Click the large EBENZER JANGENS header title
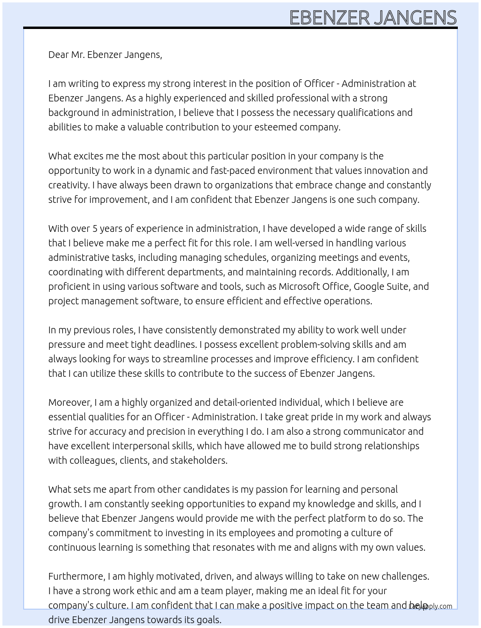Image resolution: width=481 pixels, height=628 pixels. pyautogui.click(x=373, y=17)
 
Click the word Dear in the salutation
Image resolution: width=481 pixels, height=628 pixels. pyautogui.click(x=58, y=55)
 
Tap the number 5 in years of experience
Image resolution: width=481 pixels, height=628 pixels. pyautogui.click(x=95, y=228)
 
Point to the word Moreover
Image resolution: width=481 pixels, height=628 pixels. pyautogui.click(x=70, y=402)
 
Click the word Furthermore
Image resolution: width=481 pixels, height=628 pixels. pyautogui.click(x=76, y=576)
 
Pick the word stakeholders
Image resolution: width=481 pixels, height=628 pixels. pyautogui.click(x=199, y=460)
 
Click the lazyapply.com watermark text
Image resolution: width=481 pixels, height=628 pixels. pyautogui.click(x=430, y=606)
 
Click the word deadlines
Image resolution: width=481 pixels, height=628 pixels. pyautogui.click(x=176, y=344)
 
